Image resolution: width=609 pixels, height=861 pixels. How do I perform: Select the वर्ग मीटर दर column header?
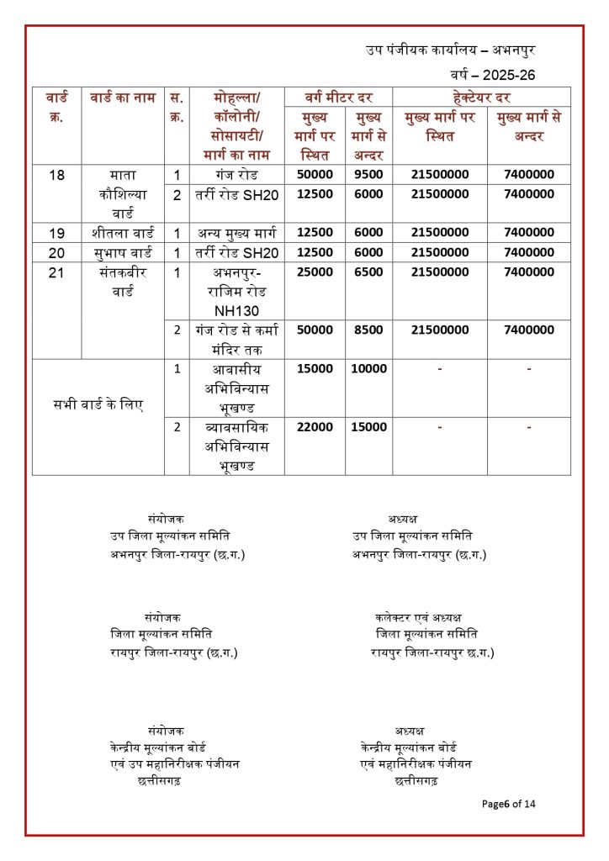[x=337, y=97]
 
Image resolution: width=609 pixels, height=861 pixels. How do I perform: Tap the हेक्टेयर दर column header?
[x=481, y=97]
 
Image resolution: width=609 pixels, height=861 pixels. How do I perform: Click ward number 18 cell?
[x=57, y=175]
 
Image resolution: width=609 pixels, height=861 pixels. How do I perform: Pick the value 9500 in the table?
[x=368, y=175]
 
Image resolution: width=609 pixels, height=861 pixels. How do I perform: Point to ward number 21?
[x=57, y=272]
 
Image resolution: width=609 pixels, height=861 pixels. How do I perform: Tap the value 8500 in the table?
[x=368, y=330]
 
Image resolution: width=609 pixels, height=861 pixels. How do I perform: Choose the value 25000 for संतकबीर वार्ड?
[x=315, y=272]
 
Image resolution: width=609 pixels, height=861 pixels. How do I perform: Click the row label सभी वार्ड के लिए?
[x=98, y=405]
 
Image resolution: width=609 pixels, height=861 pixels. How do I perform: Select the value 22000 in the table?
[x=315, y=427]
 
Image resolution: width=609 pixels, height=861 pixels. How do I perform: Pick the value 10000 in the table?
[x=368, y=369]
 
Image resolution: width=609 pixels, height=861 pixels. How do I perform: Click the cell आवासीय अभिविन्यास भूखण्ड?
[x=236, y=388]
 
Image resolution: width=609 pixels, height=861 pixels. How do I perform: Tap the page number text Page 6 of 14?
[x=508, y=804]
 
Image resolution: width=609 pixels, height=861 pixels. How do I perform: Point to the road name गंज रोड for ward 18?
[x=236, y=175]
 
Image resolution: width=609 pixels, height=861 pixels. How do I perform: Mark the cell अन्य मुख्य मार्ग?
[x=236, y=233]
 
